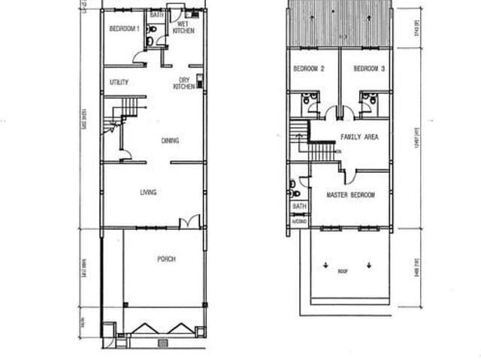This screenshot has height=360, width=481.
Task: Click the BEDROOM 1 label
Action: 124,29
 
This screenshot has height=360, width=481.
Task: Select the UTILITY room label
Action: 119,82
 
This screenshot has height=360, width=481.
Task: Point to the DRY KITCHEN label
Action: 184,83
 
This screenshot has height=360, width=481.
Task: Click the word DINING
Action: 170,141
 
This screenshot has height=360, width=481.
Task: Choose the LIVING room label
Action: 148,193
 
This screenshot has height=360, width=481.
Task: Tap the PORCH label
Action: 166,259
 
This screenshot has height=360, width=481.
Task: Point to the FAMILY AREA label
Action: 359,138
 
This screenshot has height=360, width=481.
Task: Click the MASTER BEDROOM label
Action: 350,195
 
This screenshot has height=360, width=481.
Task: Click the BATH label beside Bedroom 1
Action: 156,14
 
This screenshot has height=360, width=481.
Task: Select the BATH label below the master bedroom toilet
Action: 299,207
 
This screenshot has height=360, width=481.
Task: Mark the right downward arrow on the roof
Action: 370,265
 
